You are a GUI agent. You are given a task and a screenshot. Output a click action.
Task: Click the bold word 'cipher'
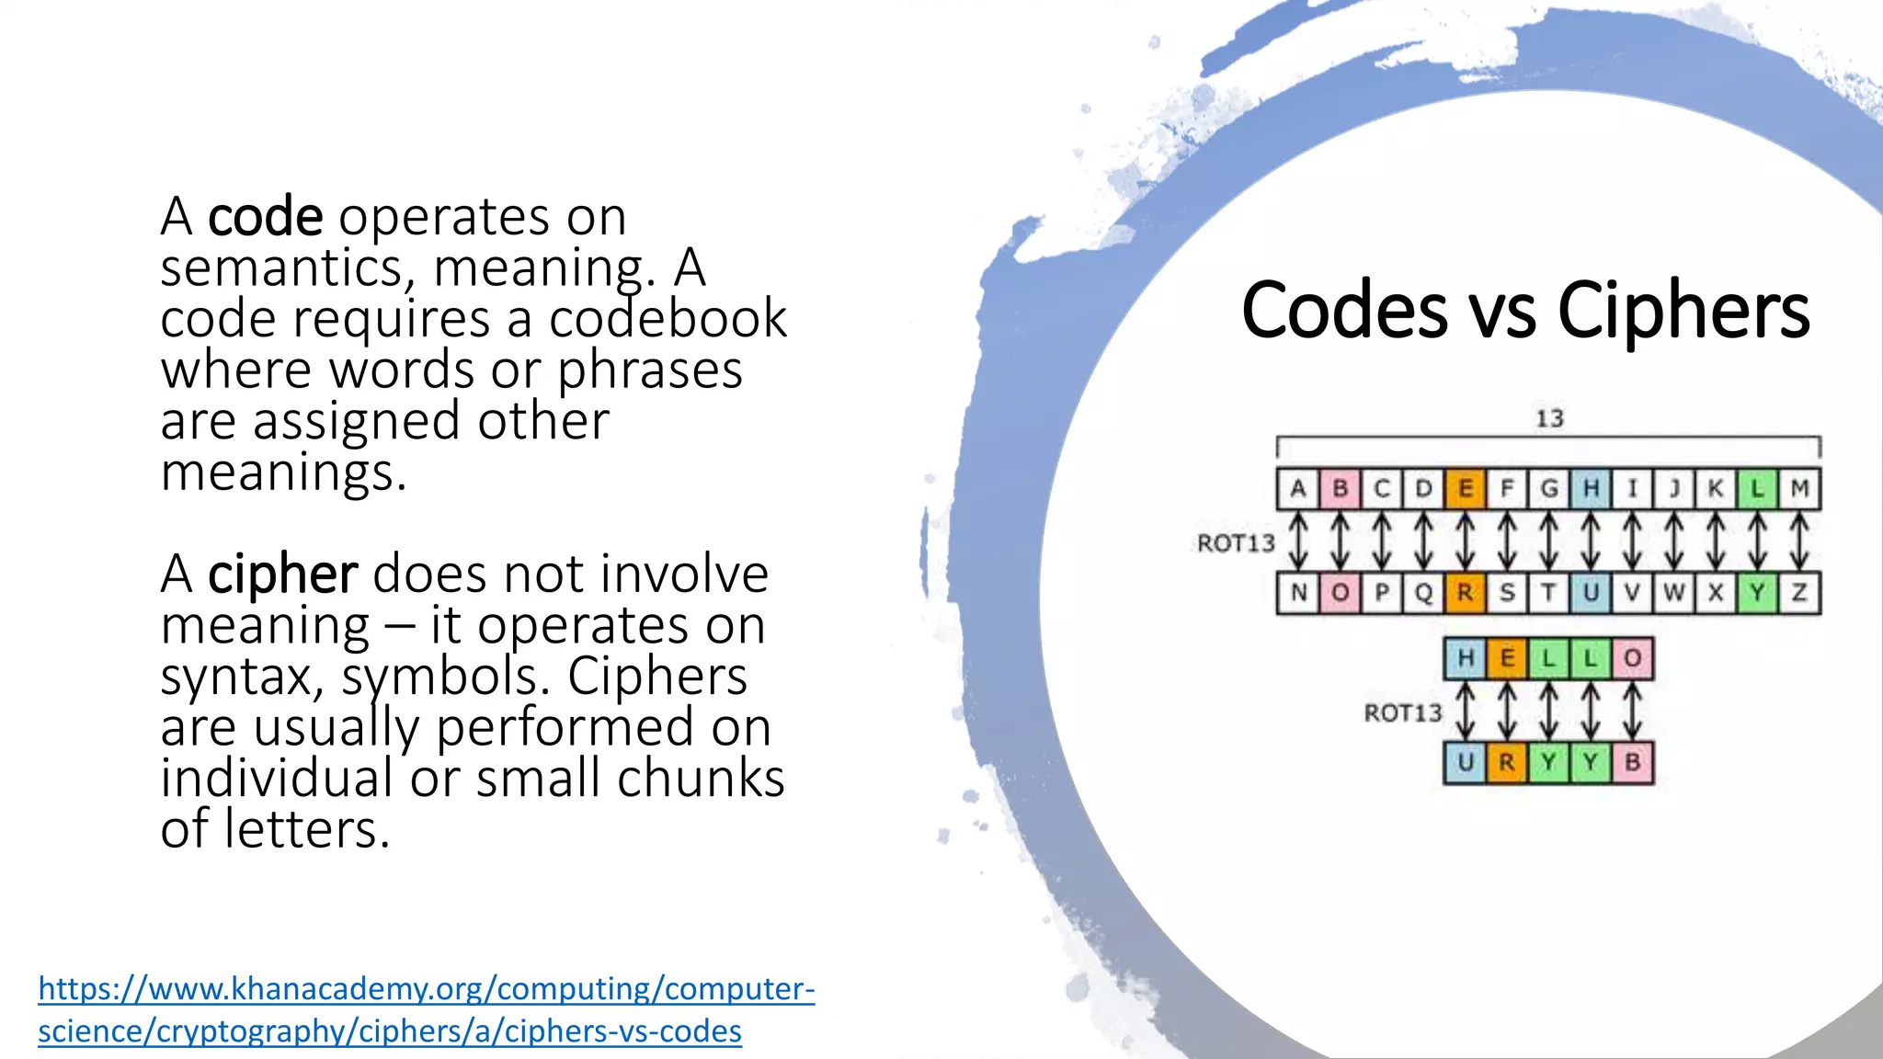282,575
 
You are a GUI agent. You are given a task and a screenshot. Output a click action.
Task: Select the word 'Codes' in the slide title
1344,311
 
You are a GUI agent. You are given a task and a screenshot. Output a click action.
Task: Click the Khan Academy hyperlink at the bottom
426,1009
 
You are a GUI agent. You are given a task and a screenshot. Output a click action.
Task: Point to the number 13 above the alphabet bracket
1549,419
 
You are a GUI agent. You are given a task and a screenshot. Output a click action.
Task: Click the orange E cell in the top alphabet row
1465,488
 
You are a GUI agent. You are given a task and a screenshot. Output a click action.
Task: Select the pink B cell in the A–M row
1340,488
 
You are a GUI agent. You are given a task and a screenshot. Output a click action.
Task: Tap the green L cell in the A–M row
1757,488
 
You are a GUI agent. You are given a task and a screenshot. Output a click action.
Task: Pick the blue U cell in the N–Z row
1591,593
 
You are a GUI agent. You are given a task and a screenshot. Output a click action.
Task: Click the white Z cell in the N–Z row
1799,593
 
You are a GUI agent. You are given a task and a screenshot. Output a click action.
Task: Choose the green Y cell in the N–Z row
1757,593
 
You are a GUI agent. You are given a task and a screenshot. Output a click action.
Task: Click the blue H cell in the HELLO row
1466,658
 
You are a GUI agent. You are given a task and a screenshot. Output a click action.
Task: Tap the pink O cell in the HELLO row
1632,658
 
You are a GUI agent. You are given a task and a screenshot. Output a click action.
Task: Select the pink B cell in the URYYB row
1632,762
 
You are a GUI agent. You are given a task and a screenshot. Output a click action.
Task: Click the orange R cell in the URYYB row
1506,762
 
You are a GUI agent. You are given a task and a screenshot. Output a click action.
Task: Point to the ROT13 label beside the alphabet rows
1236,543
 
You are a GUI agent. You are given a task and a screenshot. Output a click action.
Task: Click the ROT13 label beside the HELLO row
1402,712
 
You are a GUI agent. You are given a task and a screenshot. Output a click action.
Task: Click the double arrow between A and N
1298,541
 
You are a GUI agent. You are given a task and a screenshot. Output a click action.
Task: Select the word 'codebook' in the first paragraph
668,319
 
